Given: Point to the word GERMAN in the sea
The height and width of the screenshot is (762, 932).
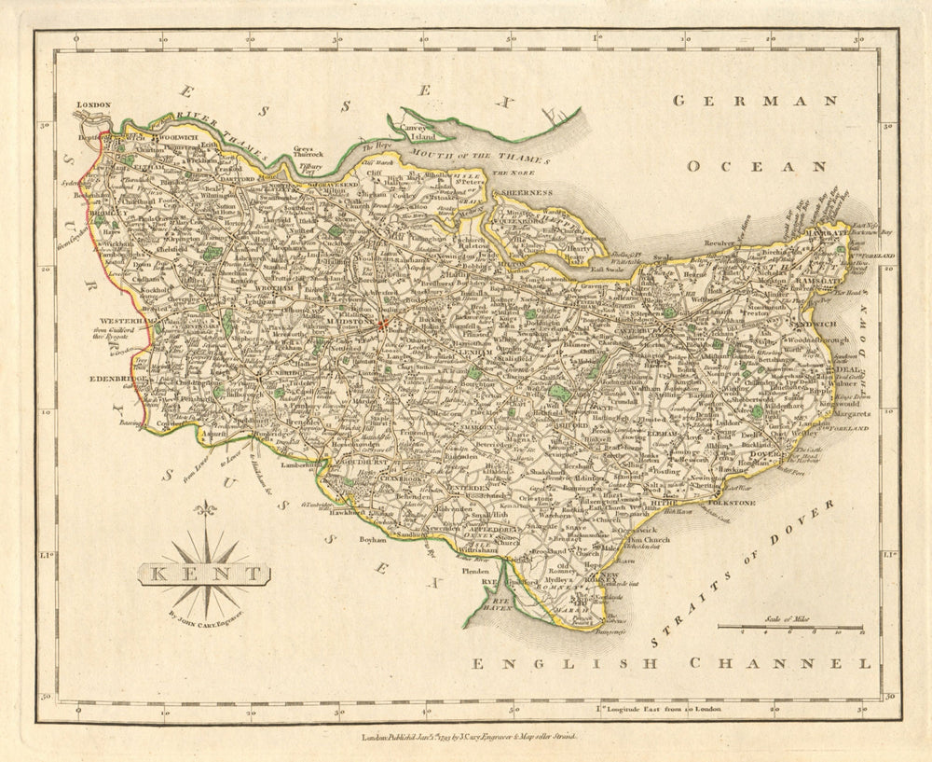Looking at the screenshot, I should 755,101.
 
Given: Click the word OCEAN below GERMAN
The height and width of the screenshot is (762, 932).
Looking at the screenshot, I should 756,166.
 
